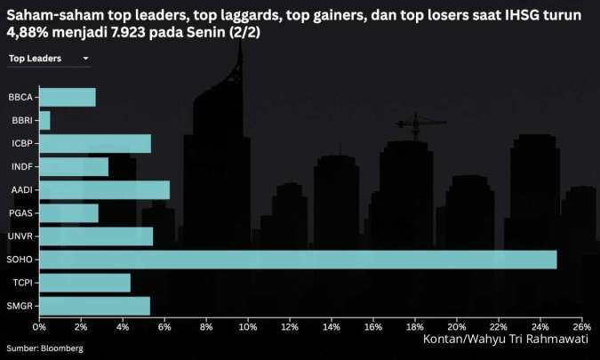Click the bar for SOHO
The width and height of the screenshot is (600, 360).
click(x=298, y=260)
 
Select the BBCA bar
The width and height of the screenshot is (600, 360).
click(x=67, y=98)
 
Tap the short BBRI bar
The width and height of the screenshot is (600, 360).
click(x=44, y=121)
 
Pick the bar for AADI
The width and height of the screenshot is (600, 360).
click(x=104, y=190)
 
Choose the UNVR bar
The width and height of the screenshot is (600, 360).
click(x=96, y=236)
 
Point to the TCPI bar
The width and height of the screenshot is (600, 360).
click(x=84, y=283)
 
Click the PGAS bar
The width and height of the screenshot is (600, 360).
click(x=68, y=213)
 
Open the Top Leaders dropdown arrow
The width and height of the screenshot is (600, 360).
click(x=85, y=59)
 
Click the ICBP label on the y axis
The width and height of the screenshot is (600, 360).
click(x=22, y=143)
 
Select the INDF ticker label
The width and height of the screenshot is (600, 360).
click(x=22, y=166)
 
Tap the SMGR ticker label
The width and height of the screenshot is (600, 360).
click(x=21, y=306)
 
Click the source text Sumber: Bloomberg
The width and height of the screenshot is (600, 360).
click(x=45, y=348)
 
